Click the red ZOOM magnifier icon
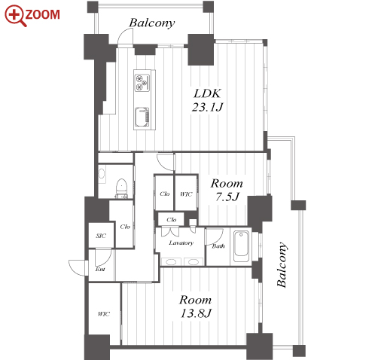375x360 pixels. [x=16, y=16]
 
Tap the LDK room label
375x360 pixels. [x=207, y=93]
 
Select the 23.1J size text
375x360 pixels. [x=207, y=107]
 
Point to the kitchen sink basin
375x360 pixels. [x=142, y=117]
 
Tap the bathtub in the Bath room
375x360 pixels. [x=241, y=247]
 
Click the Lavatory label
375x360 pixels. [x=181, y=243]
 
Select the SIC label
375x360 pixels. [x=101, y=236]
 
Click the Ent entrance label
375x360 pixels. [x=100, y=270]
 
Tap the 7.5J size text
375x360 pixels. [x=227, y=197]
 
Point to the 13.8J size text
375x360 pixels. [x=196, y=313]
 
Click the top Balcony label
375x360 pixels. [x=152, y=23]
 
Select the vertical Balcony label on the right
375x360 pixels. [x=282, y=264]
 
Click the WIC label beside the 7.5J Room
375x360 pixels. [x=186, y=194]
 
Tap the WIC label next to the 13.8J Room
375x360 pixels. [x=104, y=314]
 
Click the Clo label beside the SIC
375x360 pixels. [x=125, y=227]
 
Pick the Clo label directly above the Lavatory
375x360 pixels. [x=172, y=220]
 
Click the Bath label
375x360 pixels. [x=218, y=246]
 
